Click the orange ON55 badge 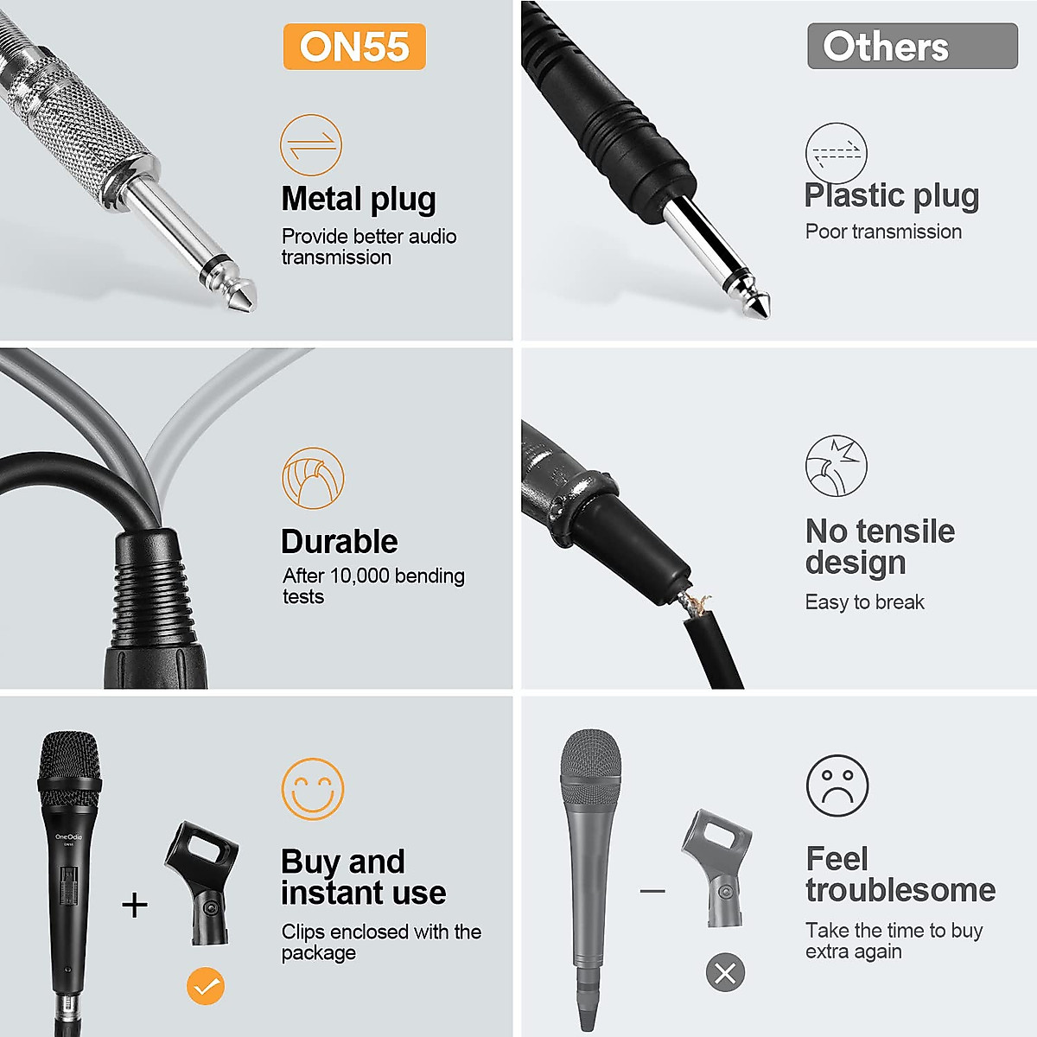point(354,47)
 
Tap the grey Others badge point(912,47)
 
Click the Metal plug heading point(359,199)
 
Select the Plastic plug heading point(892,196)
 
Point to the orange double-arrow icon point(311,144)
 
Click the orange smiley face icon point(313,789)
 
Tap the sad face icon point(837,786)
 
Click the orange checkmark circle point(206,986)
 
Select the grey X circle point(726,973)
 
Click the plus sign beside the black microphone point(135,905)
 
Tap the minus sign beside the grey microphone point(652,890)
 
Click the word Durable point(340,542)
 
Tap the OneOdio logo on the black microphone point(68,837)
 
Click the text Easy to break point(865,602)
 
